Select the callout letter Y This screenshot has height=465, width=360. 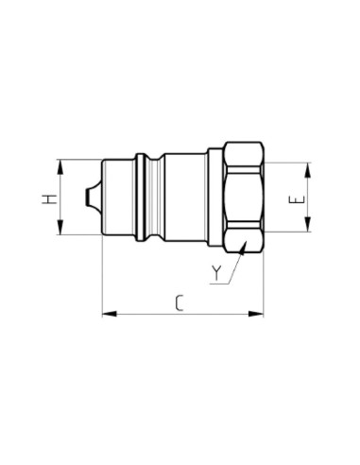[x=217, y=275]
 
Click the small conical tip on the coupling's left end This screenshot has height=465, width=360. [x=91, y=198]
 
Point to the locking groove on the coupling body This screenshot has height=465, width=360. [x=144, y=198]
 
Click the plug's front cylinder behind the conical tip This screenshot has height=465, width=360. [x=118, y=198]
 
